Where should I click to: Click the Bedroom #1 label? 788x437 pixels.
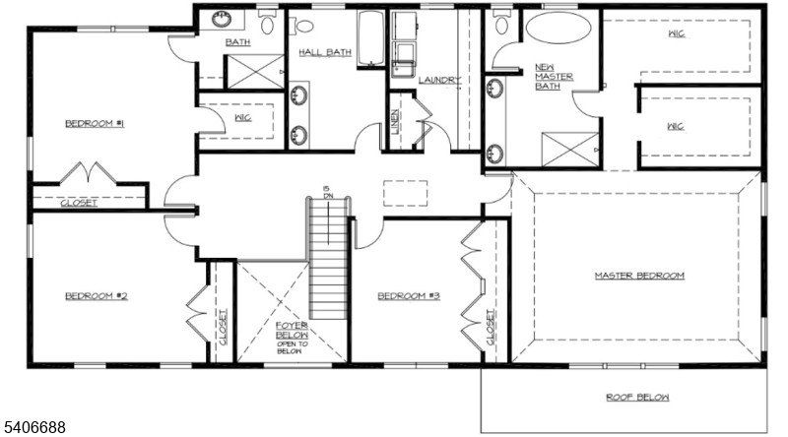click(87, 123)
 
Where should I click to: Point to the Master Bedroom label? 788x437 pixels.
click(638, 276)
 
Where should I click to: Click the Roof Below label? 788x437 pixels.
click(637, 398)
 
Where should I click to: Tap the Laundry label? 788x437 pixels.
click(439, 80)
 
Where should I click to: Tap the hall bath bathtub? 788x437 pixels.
click(370, 37)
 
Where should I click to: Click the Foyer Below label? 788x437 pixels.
click(292, 336)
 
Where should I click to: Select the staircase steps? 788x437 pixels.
click(329, 266)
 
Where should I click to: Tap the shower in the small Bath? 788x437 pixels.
click(253, 71)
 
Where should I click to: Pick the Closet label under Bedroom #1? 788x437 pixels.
click(79, 204)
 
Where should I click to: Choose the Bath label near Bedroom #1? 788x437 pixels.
click(237, 42)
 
